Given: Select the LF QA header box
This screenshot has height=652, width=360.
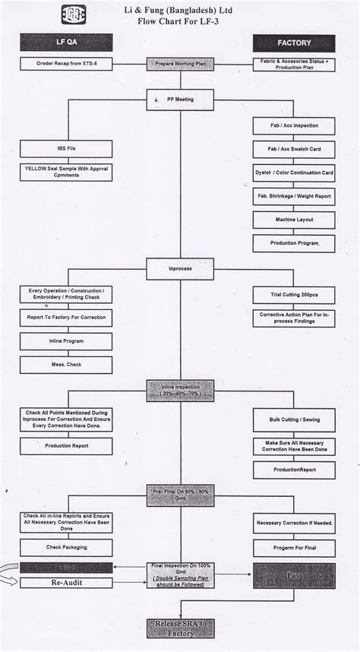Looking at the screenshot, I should point(67,43).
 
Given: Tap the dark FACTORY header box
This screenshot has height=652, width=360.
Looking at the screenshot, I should point(293,43).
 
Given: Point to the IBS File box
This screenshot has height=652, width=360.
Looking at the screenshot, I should point(67,147).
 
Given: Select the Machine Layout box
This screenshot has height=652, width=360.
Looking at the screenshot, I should point(293,220).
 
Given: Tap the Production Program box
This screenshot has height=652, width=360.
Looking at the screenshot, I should point(293,244).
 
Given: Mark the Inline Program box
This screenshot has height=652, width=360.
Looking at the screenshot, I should point(67,341).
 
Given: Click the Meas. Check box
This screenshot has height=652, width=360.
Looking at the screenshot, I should point(67,365).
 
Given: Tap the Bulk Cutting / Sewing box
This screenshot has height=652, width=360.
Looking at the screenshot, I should point(293,419).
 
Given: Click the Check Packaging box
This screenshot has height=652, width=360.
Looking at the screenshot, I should point(67,546).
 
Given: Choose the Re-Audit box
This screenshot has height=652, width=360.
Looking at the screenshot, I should point(67,583).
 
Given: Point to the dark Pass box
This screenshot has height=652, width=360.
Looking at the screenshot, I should point(293,576).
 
